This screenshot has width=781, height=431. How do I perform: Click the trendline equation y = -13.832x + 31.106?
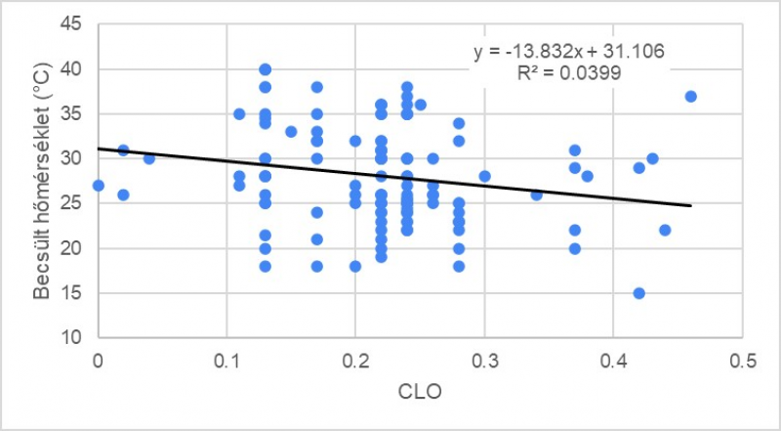[x=570, y=51]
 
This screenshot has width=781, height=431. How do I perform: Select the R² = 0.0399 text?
[x=570, y=72]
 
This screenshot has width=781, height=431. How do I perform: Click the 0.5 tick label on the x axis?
[x=742, y=361]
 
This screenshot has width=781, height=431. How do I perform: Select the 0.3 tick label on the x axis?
[x=484, y=361]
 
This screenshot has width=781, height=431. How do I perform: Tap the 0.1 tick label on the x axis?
[x=226, y=361]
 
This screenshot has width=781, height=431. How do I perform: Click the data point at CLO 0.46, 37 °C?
[x=690, y=96]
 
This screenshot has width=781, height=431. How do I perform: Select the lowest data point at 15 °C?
[x=639, y=293]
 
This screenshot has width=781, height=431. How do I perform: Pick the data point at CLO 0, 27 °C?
[x=98, y=186]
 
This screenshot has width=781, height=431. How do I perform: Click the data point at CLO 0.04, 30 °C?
[x=149, y=158]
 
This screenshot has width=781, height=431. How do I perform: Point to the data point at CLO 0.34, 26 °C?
[x=536, y=194]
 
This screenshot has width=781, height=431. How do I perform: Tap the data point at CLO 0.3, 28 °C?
[x=484, y=177]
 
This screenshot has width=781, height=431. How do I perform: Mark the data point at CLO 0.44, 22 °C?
[x=665, y=231]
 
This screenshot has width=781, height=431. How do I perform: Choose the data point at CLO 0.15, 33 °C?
[x=291, y=132]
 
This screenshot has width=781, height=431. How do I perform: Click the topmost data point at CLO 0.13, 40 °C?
[x=265, y=69]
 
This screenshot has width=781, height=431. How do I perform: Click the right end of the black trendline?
[x=690, y=205]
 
